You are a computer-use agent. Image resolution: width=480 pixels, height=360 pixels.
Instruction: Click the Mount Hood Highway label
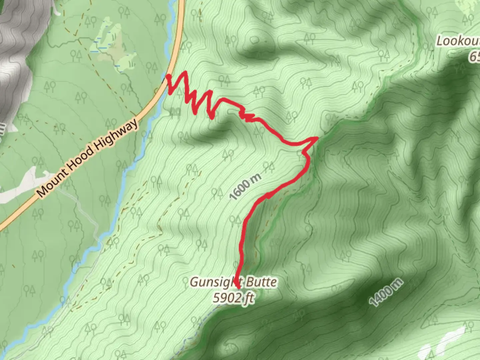click(x=87, y=158)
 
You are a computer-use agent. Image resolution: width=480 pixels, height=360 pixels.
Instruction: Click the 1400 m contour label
click(x=386, y=292)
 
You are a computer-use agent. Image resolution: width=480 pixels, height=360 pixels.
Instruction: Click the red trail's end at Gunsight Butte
click(x=238, y=287)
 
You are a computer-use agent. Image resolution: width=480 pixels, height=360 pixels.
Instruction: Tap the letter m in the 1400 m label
click(x=397, y=284)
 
